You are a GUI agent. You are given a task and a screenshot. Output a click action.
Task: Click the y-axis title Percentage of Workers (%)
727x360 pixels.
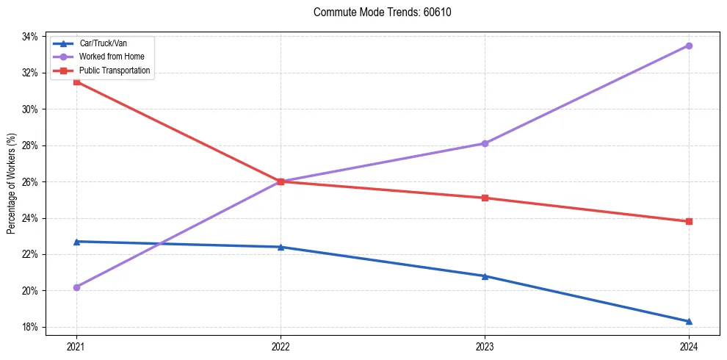tap(11, 183)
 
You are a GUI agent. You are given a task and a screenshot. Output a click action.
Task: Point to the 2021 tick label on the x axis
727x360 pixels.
tap(76, 346)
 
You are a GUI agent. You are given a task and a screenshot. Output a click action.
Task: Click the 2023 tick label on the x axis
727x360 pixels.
tap(485, 346)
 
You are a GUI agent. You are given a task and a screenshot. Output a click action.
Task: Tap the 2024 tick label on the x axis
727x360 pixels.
tap(689, 346)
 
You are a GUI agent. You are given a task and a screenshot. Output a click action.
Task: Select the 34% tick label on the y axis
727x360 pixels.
tap(31, 37)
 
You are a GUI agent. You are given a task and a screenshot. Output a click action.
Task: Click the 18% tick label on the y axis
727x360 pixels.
tap(31, 327)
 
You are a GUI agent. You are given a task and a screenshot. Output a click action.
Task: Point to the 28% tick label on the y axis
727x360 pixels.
tap(31, 145)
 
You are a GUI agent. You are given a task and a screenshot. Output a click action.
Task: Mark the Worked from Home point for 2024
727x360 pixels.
tap(689, 46)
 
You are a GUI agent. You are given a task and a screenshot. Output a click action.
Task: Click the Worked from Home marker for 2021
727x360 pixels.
tap(76, 287)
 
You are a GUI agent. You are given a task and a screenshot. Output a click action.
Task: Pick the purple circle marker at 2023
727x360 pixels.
tap(485, 143)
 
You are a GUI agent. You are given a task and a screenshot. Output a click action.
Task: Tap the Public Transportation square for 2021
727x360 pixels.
tap(76, 82)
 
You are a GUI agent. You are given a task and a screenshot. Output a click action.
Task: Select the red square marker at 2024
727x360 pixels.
tap(689, 221)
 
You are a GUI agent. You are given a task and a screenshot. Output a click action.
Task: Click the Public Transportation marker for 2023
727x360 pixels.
tap(485, 198)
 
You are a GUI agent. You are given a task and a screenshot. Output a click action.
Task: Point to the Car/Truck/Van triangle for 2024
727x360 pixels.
tap(689, 321)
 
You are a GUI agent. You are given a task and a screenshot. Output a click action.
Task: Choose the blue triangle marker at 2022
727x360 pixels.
tap(281, 247)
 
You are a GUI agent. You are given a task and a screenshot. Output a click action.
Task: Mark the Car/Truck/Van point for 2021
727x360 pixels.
tap(76, 241)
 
